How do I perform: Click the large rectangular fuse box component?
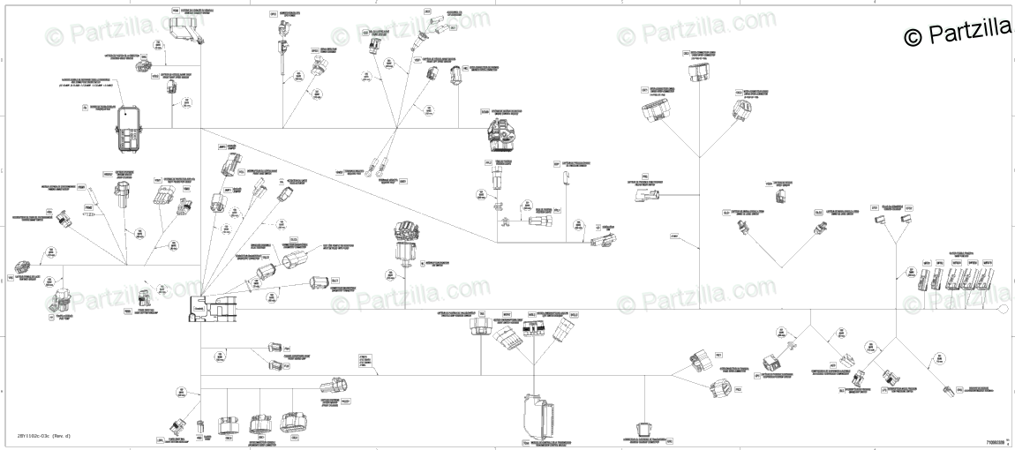click(127, 129)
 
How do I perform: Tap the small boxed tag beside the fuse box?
click(85, 108)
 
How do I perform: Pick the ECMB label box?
click(485, 111)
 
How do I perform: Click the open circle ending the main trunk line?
click(1003, 310)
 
